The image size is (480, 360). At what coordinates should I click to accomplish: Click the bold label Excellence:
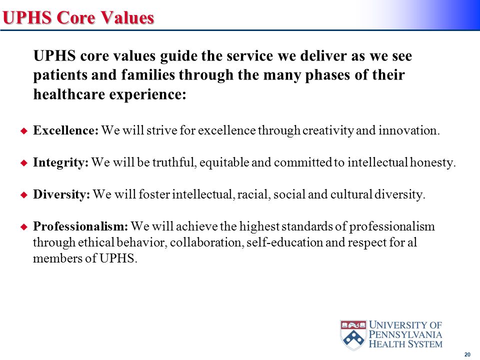click(x=66, y=131)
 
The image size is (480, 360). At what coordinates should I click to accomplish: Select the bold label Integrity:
click(x=60, y=163)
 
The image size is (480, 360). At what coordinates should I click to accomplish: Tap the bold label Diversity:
click(x=61, y=195)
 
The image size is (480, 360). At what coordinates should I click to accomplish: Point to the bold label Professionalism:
click(x=81, y=227)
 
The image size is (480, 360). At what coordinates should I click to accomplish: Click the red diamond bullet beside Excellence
click(x=22, y=131)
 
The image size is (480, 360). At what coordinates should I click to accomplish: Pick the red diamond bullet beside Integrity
click(x=22, y=163)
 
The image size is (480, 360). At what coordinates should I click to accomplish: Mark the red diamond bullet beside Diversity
click(x=22, y=195)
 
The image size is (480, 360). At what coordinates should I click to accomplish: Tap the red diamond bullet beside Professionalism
click(x=22, y=227)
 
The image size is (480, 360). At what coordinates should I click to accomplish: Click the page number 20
click(x=467, y=354)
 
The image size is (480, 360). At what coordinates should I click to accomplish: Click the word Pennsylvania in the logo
click(x=406, y=334)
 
